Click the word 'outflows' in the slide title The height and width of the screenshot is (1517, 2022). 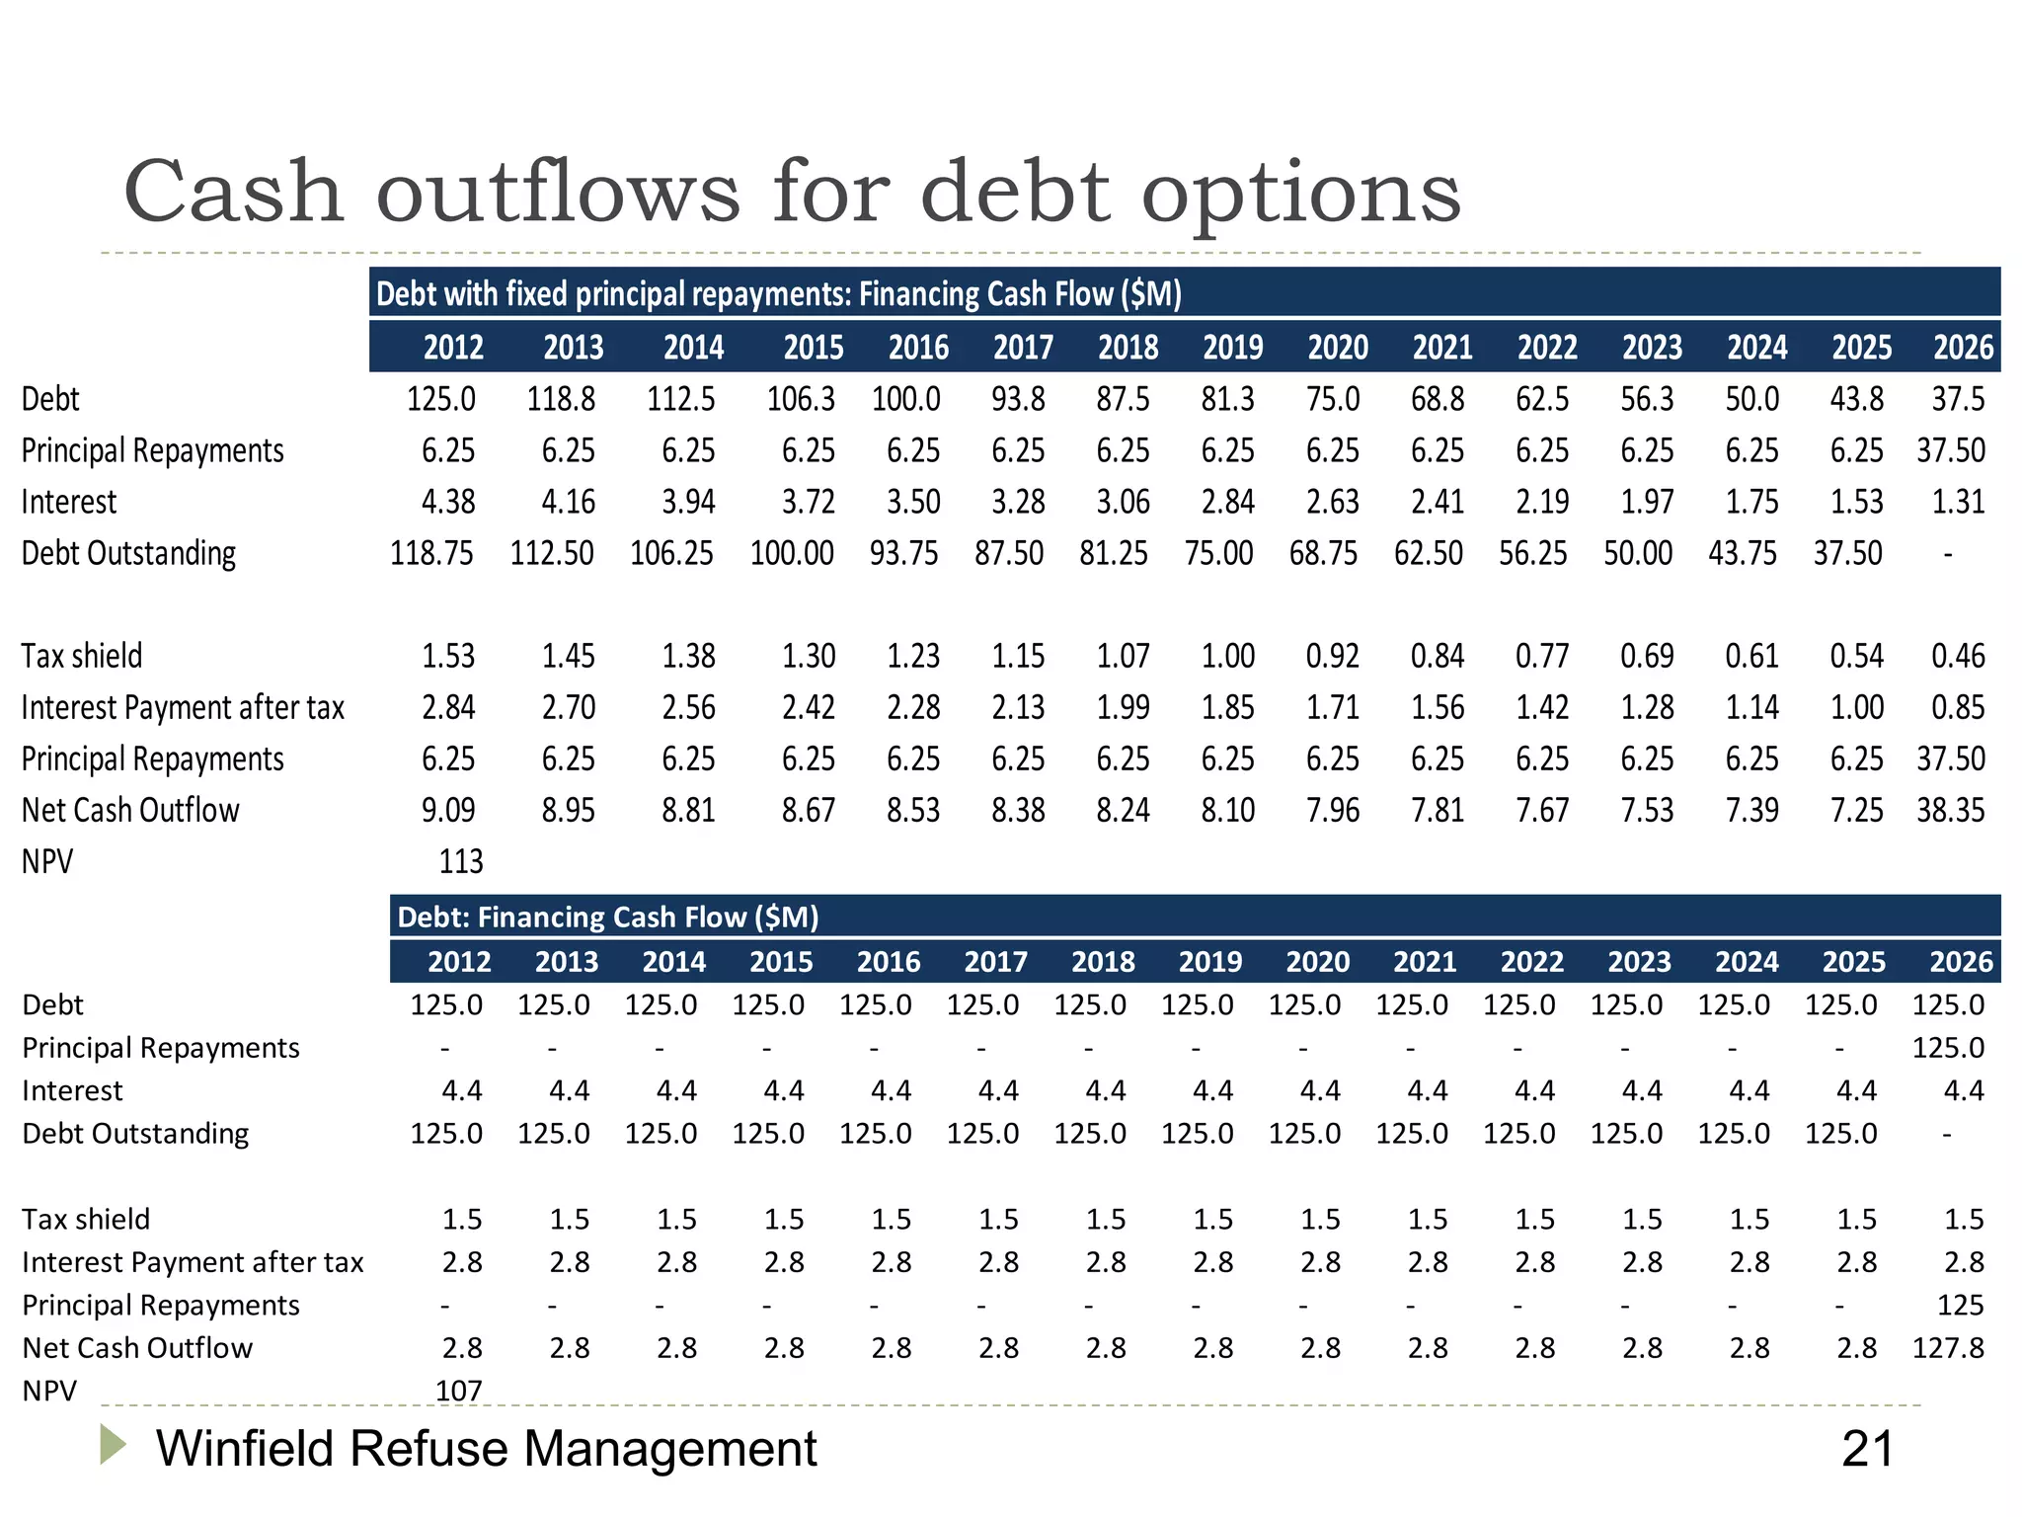coord(558,192)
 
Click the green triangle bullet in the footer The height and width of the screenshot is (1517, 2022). coord(113,1445)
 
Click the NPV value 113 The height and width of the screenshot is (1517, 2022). coord(460,862)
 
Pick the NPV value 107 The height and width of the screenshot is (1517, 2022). coord(459,1391)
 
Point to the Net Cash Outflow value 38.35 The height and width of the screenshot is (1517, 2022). coord(1950,811)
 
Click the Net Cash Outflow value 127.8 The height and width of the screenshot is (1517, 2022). coord(1947,1348)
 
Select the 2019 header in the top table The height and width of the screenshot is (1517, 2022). coord(1232,348)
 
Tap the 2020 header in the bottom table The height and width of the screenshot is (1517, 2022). coord(1317,962)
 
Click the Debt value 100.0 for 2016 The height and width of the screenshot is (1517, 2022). coord(905,399)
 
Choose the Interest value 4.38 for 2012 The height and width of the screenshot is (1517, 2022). coord(448,502)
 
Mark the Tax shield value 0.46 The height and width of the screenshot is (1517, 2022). coord(1958,656)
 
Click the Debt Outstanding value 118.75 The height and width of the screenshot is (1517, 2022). coord(431,553)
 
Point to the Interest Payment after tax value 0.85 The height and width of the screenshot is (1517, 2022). coord(1958,708)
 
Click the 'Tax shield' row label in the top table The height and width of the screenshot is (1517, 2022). coord(82,656)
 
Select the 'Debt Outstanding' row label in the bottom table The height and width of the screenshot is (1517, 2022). coord(135,1134)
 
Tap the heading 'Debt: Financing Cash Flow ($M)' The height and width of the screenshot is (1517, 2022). coord(607,918)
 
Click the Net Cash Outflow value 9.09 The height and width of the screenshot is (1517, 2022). coord(448,811)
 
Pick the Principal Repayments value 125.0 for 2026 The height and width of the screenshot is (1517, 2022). coord(1947,1048)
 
